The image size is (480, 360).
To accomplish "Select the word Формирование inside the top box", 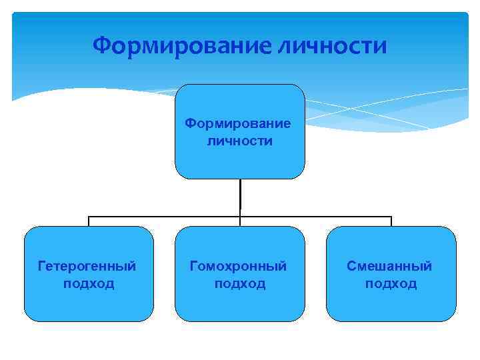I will click(239, 123).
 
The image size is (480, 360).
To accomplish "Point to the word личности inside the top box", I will click(239, 141).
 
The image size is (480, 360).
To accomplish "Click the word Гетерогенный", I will click(88, 266).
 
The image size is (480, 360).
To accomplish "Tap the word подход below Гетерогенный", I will click(88, 283).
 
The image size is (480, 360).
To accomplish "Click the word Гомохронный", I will click(239, 266).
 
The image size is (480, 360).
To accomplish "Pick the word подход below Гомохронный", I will click(239, 283).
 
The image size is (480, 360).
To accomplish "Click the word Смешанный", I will click(390, 266).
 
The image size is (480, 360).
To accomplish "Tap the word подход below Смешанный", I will click(390, 283).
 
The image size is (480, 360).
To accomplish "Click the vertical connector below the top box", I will click(240, 197).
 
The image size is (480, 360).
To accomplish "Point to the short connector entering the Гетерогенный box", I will click(89, 221).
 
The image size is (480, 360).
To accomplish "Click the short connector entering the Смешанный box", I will click(391, 221).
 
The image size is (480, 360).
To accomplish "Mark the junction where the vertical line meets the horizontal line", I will click(240, 216).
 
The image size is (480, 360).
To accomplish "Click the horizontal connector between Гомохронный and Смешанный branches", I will click(317, 216).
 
